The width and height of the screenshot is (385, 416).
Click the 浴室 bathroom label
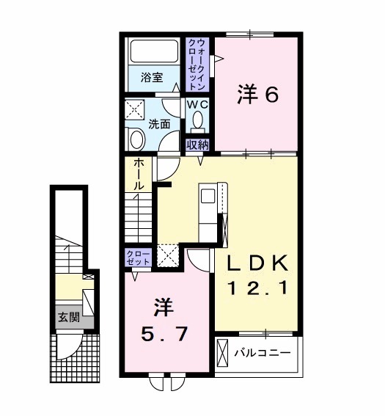click(153, 76)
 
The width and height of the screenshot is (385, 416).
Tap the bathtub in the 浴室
click(154, 54)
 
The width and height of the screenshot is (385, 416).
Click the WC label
click(197, 105)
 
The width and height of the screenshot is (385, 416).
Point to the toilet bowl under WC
click(197, 122)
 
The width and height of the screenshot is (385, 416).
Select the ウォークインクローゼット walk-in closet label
click(197, 65)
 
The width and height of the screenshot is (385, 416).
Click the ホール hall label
click(138, 177)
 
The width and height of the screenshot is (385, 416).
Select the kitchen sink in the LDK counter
click(208, 197)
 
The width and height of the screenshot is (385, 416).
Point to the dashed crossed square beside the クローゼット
click(168, 256)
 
